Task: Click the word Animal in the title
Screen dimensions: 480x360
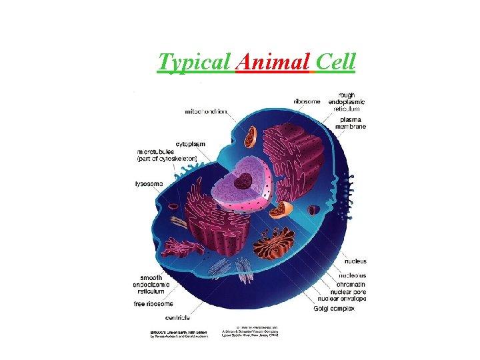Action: click(273, 63)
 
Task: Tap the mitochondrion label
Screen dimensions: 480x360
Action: click(207, 111)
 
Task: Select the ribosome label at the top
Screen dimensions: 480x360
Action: click(306, 101)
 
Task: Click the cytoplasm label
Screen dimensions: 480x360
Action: click(191, 144)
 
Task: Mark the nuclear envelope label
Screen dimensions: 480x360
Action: click(343, 299)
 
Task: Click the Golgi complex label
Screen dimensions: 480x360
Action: click(334, 309)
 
